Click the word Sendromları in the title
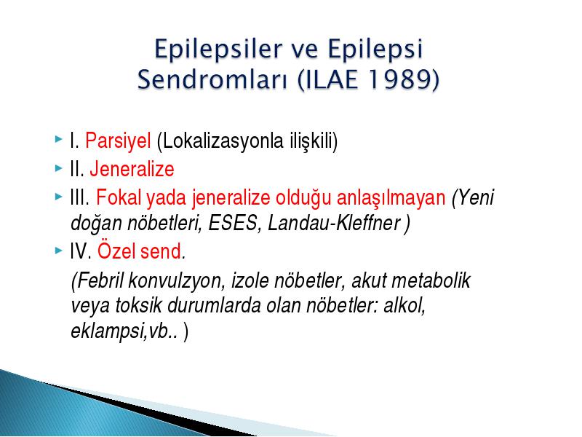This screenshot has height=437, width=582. pyautogui.click(x=212, y=79)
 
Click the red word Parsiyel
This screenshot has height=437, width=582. pyautogui.click(x=118, y=141)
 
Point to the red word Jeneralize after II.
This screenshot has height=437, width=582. pyautogui.click(x=132, y=169)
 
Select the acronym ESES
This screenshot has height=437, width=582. pyautogui.click(x=233, y=223)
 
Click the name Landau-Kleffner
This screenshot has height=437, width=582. pyautogui.click(x=334, y=223)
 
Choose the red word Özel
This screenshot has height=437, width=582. pyautogui.click(x=116, y=251)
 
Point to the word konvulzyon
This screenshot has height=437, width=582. pyautogui.click(x=176, y=281)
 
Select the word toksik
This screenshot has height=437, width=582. pyautogui.click(x=138, y=305)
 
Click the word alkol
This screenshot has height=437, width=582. pyautogui.click(x=404, y=306)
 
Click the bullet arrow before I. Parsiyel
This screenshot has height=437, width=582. pyautogui.click(x=58, y=139)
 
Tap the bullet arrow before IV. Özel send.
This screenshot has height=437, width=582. pyautogui.click(x=58, y=251)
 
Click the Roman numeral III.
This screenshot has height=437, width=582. pyautogui.click(x=79, y=197)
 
